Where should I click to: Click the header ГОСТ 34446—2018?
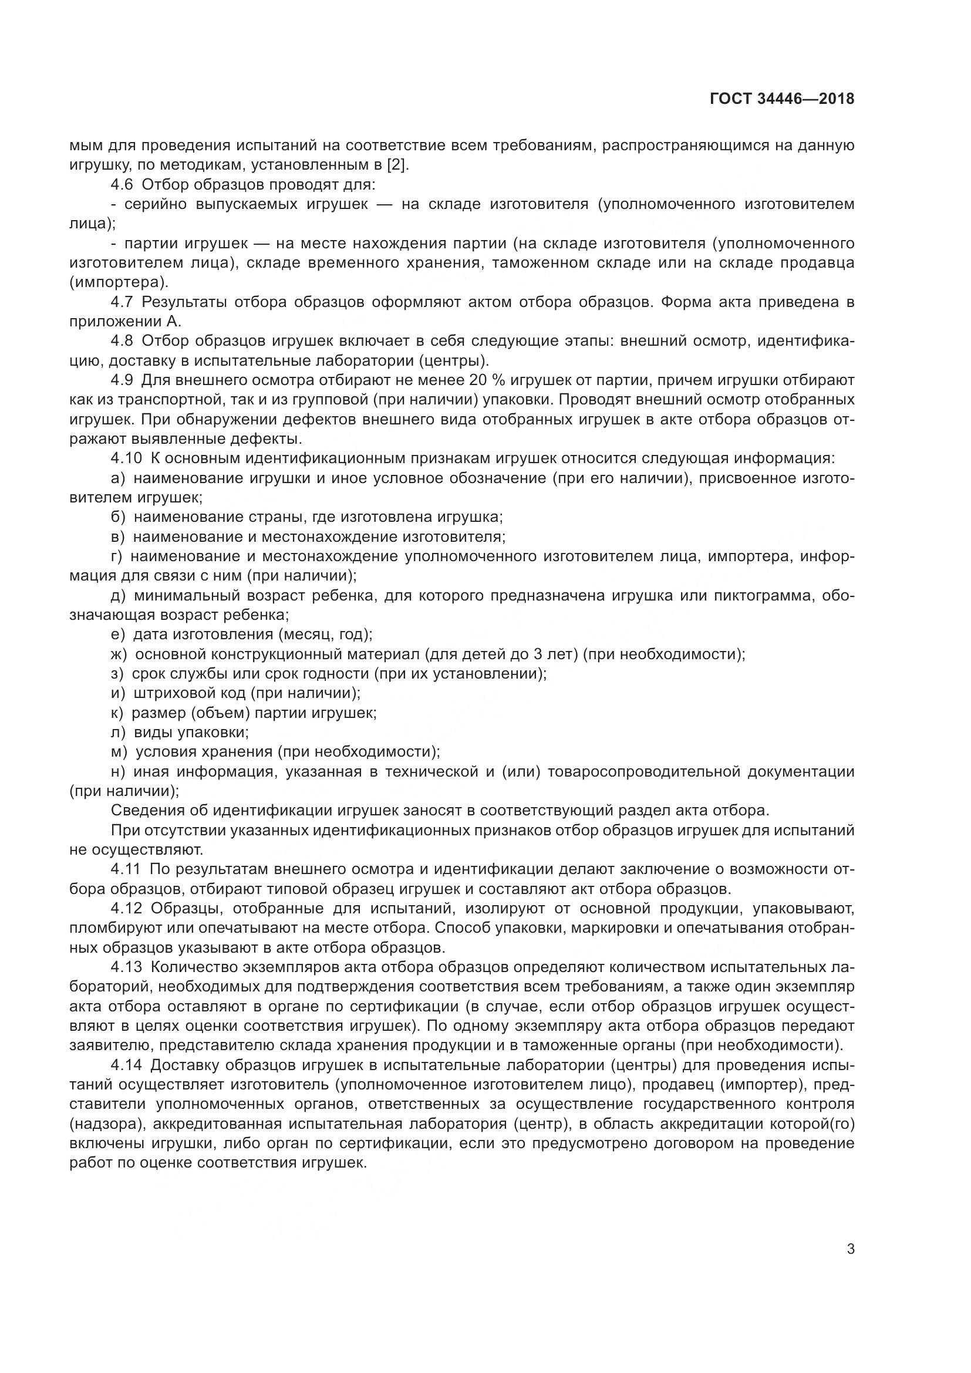tap(781, 99)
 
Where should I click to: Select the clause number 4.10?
tap(126, 458)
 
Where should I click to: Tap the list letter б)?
tap(118, 517)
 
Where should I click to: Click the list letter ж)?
tap(119, 654)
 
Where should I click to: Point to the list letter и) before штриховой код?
tap(118, 693)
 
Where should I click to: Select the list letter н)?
tap(118, 771)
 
